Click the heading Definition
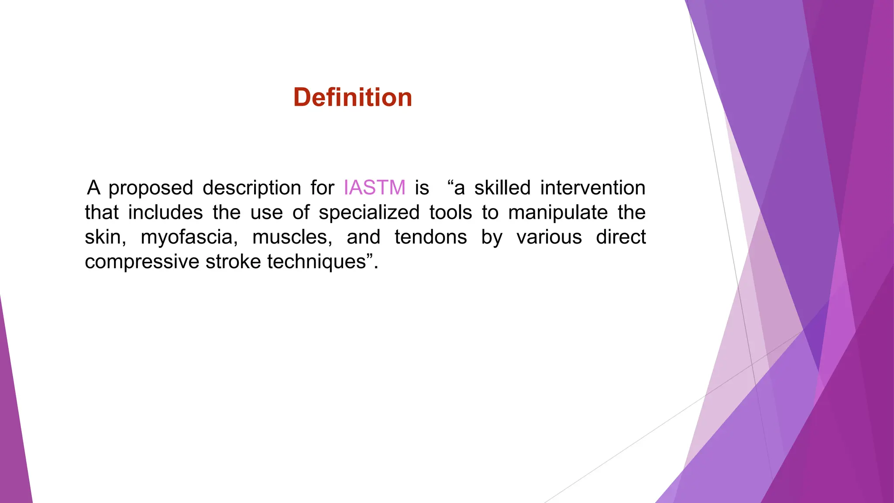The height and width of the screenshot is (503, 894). (353, 97)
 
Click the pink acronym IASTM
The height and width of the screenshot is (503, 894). (375, 188)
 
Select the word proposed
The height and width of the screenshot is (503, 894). (151, 188)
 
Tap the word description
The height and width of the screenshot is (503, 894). (251, 188)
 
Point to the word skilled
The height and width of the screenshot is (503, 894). (502, 188)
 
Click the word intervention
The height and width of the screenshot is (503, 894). (592, 188)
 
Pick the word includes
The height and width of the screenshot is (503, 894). (165, 213)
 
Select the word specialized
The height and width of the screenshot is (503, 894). (369, 213)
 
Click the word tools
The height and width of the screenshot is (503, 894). (450, 213)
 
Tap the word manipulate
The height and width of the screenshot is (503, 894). (558, 213)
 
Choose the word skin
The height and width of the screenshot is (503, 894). (104, 237)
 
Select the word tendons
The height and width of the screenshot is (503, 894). (430, 237)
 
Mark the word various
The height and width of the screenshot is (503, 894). (549, 237)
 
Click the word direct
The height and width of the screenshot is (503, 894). (620, 237)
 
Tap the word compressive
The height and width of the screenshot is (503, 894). (142, 262)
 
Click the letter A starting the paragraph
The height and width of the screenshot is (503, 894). (93, 188)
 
